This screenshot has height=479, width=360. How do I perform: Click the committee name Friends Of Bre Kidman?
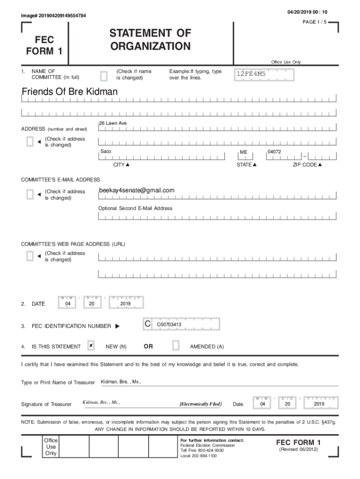coord(70,92)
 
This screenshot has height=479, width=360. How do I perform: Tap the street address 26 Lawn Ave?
coord(113,123)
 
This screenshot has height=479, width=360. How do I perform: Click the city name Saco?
coord(106,152)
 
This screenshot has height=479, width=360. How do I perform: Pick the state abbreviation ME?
coord(244,152)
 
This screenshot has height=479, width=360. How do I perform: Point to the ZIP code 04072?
coord(274,152)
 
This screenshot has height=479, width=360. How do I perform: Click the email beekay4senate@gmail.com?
coord(137,190)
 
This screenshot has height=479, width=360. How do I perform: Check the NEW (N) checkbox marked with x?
coord(91,346)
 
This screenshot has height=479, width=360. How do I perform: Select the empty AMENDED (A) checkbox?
coord(176,346)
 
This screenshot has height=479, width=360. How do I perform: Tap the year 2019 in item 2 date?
coord(125,304)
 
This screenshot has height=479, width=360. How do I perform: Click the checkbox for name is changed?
coord(104,75)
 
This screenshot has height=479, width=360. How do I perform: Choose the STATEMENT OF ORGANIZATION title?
coord(150,40)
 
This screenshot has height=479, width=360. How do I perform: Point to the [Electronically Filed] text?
coord(201,404)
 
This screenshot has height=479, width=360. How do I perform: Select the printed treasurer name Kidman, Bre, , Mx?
coord(121,382)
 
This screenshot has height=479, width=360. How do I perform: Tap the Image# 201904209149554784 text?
coord(53,16)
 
